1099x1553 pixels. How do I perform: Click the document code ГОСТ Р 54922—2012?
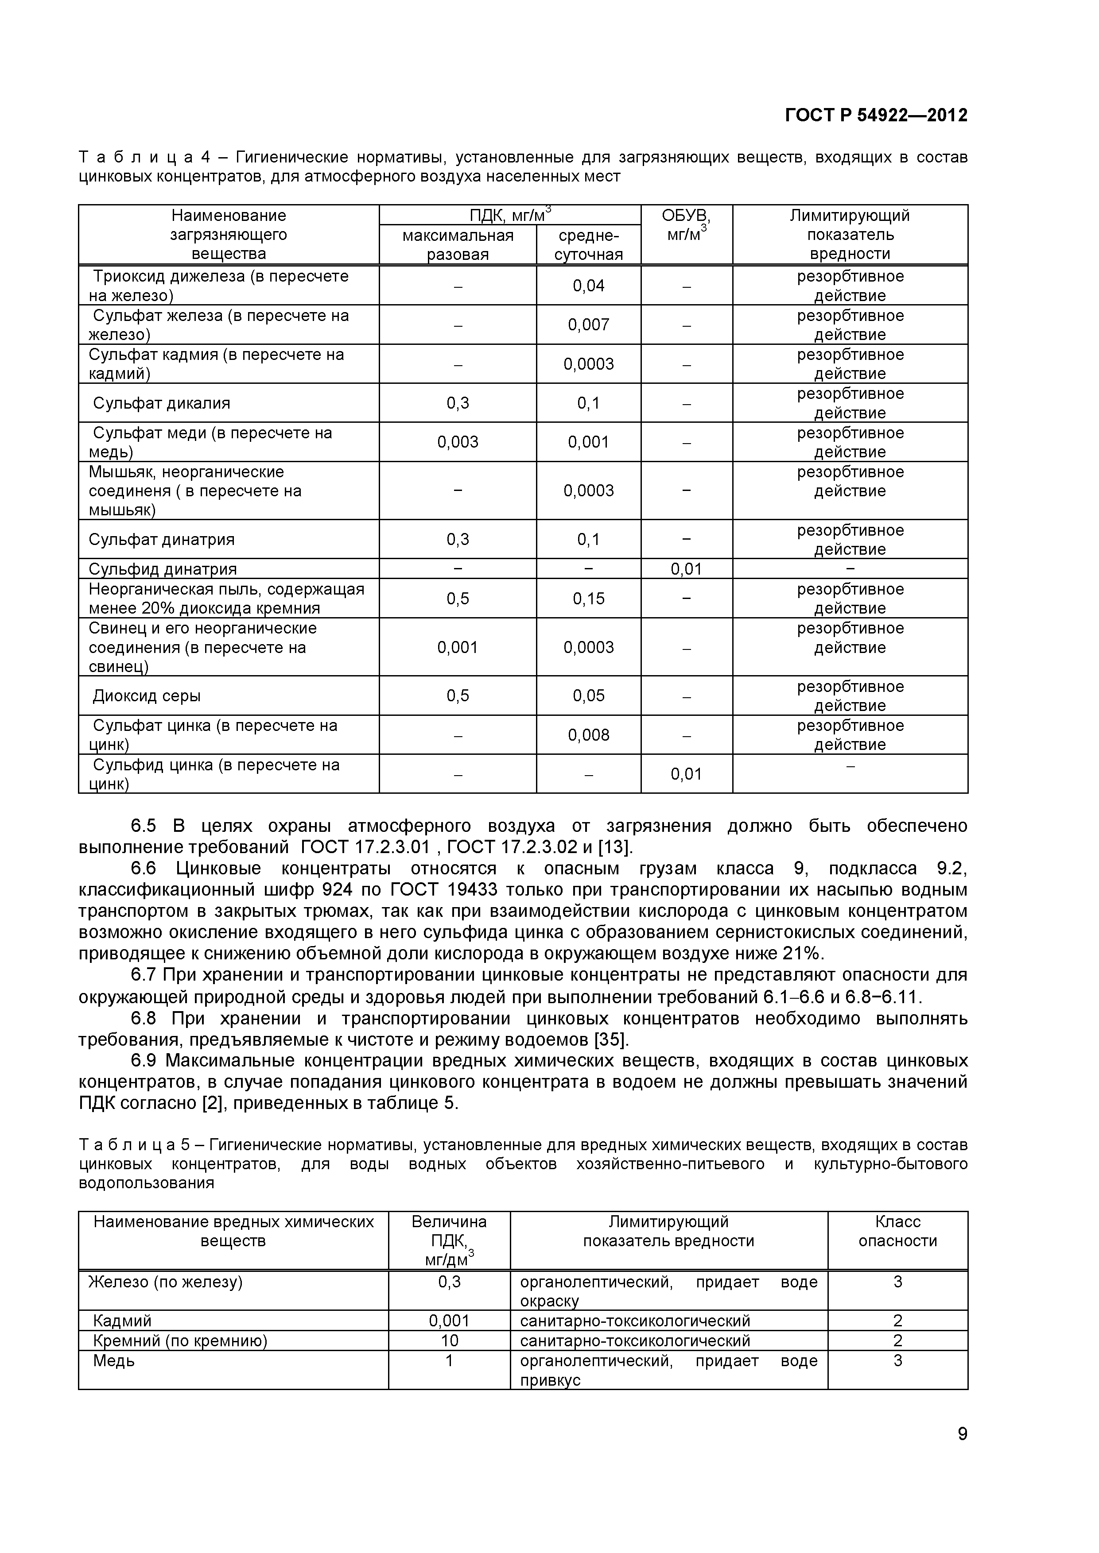click(876, 116)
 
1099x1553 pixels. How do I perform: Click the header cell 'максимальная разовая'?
click(458, 245)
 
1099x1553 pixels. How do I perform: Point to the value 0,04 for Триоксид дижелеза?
click(588, 286)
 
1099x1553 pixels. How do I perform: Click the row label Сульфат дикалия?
click(161, 404)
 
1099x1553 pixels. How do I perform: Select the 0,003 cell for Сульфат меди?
click(458, 442)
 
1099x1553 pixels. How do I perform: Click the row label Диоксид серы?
click(146, 696)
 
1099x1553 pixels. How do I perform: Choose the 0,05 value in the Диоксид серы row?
click(588, 696)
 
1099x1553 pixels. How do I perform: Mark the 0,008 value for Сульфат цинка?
click(588, 735)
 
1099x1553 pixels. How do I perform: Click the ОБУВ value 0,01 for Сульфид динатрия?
click(686, 569)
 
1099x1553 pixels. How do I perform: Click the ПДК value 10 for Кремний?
click(449, 1341)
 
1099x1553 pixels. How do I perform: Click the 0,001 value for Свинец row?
click(458, 648)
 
